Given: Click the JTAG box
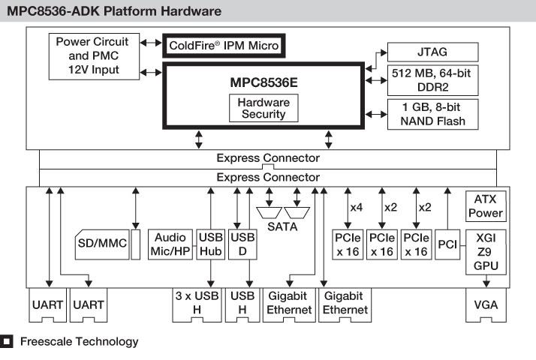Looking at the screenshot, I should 432,52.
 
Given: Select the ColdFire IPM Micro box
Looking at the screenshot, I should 224,46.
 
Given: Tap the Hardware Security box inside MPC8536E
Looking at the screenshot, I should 263,108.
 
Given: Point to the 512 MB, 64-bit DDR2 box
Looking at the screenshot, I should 432,80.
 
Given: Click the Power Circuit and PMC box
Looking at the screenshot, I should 95,55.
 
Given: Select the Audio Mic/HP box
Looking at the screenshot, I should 171,244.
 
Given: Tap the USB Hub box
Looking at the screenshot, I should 210,244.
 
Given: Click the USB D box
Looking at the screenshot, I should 242,244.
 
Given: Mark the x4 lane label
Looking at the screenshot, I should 357,207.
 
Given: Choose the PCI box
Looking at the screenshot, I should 447,244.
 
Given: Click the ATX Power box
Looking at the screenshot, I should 485,206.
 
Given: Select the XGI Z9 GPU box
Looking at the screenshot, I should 485,251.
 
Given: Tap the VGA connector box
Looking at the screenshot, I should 485,306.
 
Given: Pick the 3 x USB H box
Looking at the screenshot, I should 196,302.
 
